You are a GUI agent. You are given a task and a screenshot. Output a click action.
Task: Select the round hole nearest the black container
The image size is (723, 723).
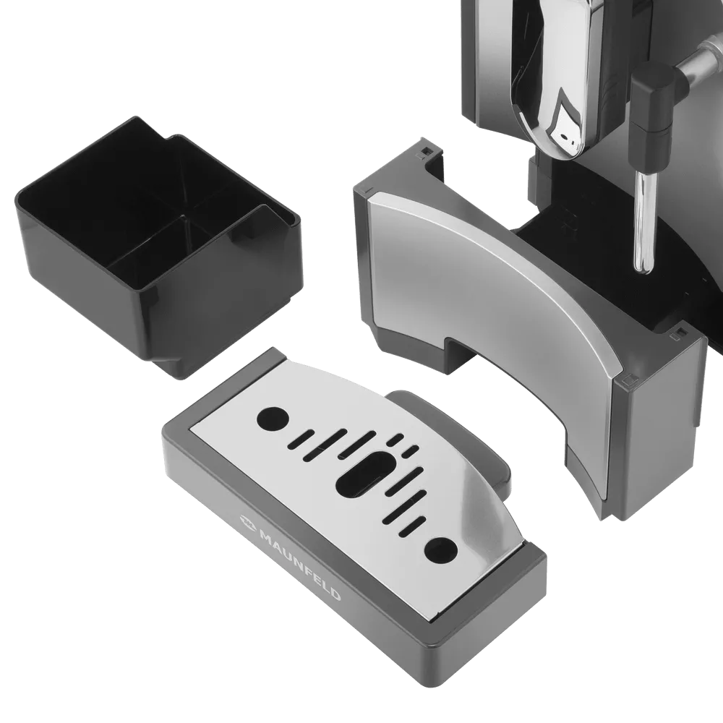(x=273, y=418)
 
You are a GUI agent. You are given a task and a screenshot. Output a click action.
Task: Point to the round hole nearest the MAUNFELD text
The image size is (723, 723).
(x=441, y=549)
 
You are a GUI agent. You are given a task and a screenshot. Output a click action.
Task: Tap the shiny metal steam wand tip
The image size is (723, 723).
(x=645, y=221)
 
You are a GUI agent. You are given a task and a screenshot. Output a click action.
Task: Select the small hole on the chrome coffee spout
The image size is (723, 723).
(x=565, y=137)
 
